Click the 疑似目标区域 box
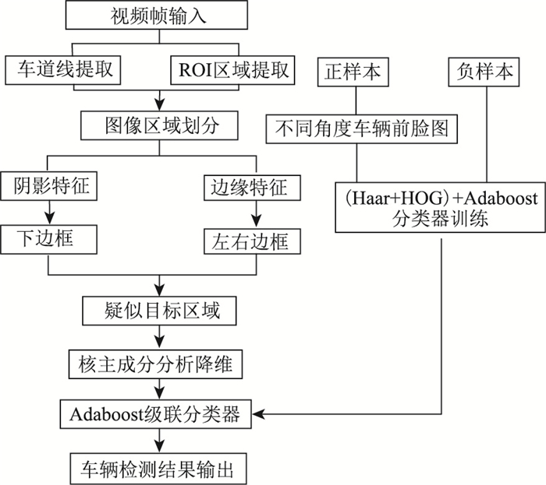(161, 312)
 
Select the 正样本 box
(355, 72)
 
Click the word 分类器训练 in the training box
(440, 219)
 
